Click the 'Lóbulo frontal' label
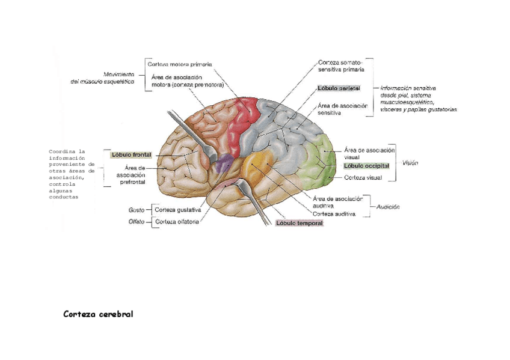pos(131,154)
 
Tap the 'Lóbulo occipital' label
pos(366,166)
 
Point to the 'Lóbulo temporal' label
pos(300,223)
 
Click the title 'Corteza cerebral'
pos(98,314)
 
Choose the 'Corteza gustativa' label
pos(177,210)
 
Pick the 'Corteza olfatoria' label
pos(177,222)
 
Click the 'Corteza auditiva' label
pos(334,214)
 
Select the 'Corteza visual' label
pos(363,178)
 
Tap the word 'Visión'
pos(410,163)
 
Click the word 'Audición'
pos(388,207)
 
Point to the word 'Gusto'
pos(136,210)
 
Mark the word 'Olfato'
pos(136,222)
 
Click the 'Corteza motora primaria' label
pos(180,64)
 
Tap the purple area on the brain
pos(224,161)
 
